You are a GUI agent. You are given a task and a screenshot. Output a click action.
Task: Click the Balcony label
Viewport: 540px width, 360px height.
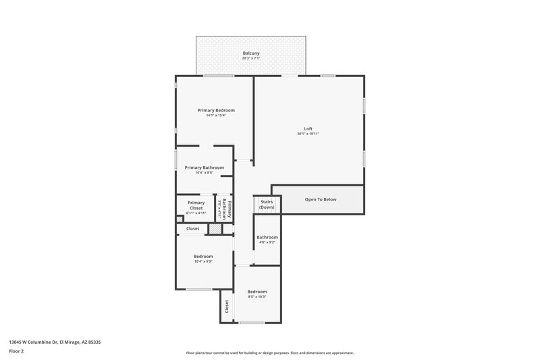coord(251,53)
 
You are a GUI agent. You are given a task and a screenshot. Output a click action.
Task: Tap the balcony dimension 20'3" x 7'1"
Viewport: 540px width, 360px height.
coord(251,59)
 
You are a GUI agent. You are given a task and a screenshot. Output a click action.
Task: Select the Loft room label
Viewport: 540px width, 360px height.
coord(308,128)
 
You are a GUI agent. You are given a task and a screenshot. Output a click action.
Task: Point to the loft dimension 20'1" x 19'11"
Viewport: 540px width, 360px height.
coord(308,134)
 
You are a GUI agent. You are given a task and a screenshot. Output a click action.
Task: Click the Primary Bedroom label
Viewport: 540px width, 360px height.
coord(216,109)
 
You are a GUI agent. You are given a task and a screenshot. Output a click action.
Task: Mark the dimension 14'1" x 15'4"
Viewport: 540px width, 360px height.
coord(216,115)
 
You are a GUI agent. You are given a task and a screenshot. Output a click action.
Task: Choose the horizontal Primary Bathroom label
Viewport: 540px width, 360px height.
coord(204,168)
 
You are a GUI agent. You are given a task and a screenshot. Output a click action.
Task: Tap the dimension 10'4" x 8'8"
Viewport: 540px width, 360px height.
coord(204,174)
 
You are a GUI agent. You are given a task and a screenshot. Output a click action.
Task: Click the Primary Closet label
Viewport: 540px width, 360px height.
coord(196,205)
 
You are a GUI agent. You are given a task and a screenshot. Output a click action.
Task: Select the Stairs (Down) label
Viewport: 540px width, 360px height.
coord(267,204)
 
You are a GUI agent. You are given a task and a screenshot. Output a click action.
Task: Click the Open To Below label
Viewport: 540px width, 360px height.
coord(321,199)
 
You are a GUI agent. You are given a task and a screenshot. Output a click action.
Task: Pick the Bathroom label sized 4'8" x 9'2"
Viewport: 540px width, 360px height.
coord(267,237)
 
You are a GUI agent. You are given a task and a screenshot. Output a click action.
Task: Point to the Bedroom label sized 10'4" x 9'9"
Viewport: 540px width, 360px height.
coord(203,256)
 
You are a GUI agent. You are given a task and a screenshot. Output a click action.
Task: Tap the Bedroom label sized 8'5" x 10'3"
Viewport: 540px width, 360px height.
coord(257,291)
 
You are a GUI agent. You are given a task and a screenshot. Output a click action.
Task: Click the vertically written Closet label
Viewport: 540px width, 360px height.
coord(227,307)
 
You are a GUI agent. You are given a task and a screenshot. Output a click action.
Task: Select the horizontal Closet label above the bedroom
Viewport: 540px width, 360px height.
coord(193,229)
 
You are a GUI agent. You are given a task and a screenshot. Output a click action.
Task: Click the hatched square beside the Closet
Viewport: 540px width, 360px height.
coord(214,229)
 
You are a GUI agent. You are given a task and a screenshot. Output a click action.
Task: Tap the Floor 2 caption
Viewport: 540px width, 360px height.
coord(16,351)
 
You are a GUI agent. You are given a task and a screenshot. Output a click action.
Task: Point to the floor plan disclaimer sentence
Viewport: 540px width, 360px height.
coord(269,353)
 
